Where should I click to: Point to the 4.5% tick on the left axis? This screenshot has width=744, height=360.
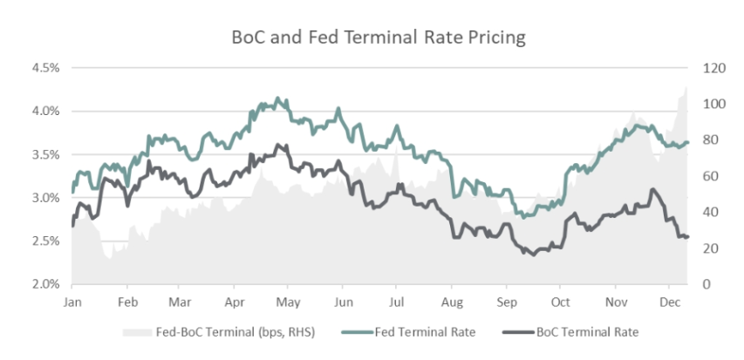pyautogui.click(x=46, y=68)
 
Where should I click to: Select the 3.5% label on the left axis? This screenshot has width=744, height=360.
pyautogui.click(x=46, y=154)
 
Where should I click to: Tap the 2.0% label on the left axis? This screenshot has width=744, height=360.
pyautogui.click(x=46, y=284)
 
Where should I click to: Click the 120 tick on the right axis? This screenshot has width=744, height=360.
pyautogui.click(x=704, y=68)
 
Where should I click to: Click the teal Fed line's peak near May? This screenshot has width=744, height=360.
pyautogui.click(x=278, y=98)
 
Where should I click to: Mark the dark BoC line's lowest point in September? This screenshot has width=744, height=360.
pyautogui.click(x=533, y=254)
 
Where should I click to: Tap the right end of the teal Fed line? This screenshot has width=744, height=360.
pyautogui.click(x=687, y=143)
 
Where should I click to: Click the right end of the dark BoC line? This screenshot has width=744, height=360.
pyautogui.click(x=687, y=237)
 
